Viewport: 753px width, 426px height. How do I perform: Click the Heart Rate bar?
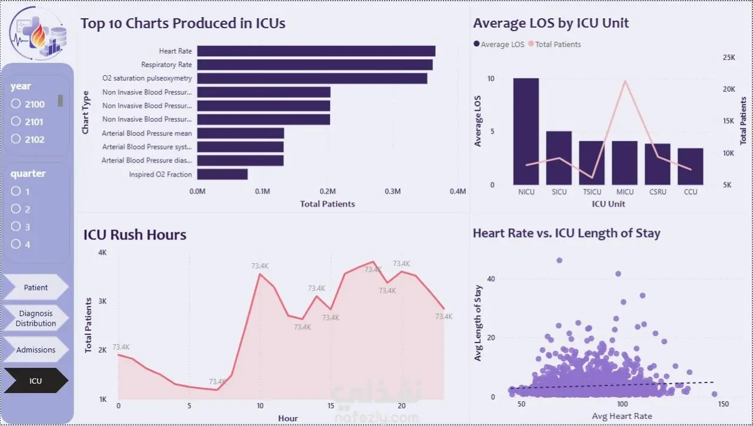(x=316, y=51)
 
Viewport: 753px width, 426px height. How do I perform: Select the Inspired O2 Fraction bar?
(x=222, y=174)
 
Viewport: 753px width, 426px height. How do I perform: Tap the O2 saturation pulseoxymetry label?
(x=147, y=78)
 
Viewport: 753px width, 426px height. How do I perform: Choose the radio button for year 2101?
(x=16, y=121)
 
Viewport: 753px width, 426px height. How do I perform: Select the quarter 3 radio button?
(x=16, y=227)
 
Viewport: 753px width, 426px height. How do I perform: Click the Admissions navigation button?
(x=36, y=350)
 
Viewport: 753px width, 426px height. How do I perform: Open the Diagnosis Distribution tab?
(x=36, y=318)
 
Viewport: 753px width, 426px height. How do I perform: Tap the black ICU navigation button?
(x=36, y=381)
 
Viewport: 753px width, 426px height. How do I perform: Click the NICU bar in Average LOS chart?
(x=526, y=131)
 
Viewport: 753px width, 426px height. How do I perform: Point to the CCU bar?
(x=691, y=167)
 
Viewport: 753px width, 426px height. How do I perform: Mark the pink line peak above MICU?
(x=625, y=81)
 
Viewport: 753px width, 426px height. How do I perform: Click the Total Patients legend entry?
(x=555, y=44)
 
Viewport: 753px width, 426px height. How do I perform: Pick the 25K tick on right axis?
(x=729, y=58)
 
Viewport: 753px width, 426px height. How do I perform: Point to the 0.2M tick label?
(x=328, y=191)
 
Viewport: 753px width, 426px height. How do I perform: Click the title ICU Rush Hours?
(x=135, y=235)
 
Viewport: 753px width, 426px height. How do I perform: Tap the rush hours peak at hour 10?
(x=260, y=274)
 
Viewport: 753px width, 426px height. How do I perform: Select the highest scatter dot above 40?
(x=559, y=260)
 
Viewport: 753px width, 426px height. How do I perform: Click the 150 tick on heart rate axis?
(x=723, y=404)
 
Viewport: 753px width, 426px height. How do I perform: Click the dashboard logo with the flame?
(x=38, y=33)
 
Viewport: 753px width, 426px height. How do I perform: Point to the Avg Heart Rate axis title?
(x=622, y=416)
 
